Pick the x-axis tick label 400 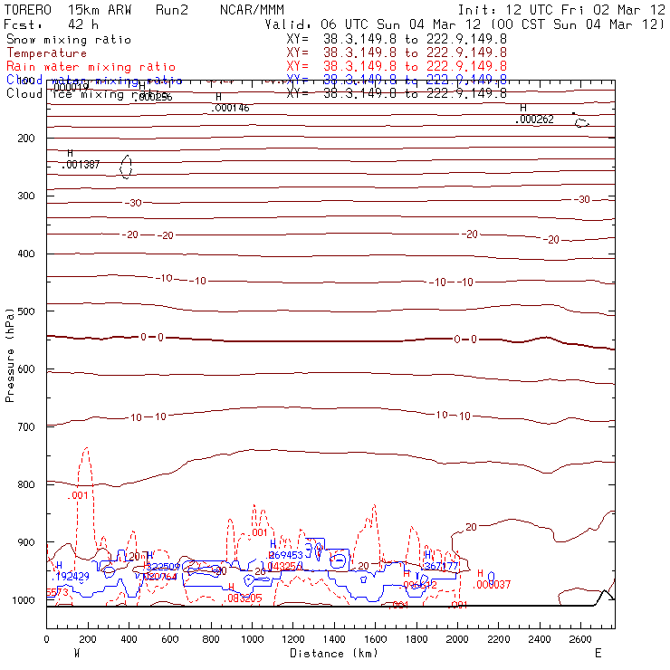(129, 638)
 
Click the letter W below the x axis (76, 653)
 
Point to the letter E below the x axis (596, 653)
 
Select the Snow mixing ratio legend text (69, 40)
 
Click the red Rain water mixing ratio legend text (91, 67)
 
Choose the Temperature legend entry (47, 53)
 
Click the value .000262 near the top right (534, 120)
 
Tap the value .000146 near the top (230, 108)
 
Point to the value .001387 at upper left (81, 165)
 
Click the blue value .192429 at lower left (73, 576)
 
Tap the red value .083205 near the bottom (244, 598)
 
